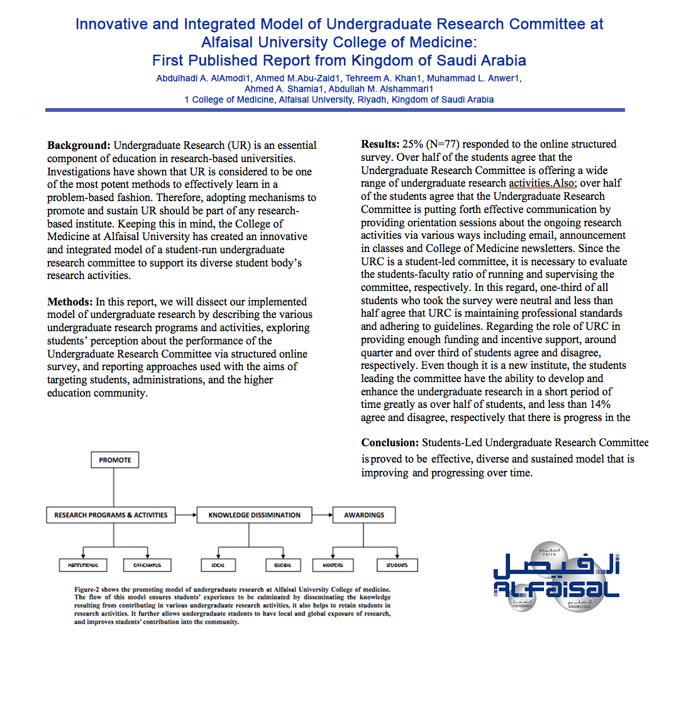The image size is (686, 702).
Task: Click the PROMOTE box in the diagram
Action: pyautogui.click(x=115, y=460)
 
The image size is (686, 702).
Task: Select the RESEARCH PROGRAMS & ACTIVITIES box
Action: pyautogui.click(x=111, y=515)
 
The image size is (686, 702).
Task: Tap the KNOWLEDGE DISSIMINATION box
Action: pyautogui.click(x=255, y=515)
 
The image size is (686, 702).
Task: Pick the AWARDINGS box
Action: pyautogui.click(x=364, y=515)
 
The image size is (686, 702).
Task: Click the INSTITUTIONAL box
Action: pyautogui.click(x=83, y=565)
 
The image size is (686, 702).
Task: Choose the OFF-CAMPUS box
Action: pyautogui.click(x=147, y=565)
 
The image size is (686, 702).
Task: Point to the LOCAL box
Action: pyautogui.click(x=218, y=565)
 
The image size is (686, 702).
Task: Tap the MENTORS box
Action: pyautogui.click(x=333, y=565)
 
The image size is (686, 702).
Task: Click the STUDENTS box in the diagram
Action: pyautogui.click(x=397, y=565)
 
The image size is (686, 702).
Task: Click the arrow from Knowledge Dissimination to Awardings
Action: pyautogui.click(x=323, y=515)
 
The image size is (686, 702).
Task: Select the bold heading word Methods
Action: pyautogui.click(x=71, y=302)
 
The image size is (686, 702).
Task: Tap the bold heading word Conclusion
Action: pyautogui.click(x=390, y=443)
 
